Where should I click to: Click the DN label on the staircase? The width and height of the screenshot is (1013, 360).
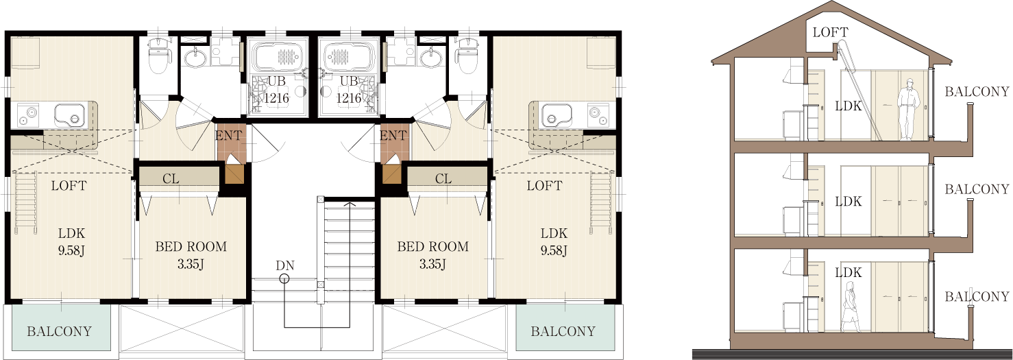pos(285,265)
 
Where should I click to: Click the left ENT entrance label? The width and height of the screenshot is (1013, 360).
pos(228,135)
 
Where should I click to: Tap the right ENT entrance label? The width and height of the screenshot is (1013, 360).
pos(393,135)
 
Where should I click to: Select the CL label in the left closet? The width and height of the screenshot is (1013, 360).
pos(171,179)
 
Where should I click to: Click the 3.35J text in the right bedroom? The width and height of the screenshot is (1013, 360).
pos(432,264)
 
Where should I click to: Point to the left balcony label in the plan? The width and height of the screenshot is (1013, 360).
pos(59,331)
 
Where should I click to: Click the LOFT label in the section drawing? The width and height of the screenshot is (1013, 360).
pos(830,32)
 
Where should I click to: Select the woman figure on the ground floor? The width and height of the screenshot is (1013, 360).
pos(850,307)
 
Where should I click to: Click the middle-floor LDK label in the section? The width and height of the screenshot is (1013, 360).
pos(849,201)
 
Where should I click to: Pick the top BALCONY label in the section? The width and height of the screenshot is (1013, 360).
pos(977,92)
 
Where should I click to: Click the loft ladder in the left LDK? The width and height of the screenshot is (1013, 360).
pos(26,204)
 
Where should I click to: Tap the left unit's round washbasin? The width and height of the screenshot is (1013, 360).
pos(195,58)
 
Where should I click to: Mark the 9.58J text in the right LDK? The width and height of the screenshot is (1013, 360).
pos(554,250)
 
